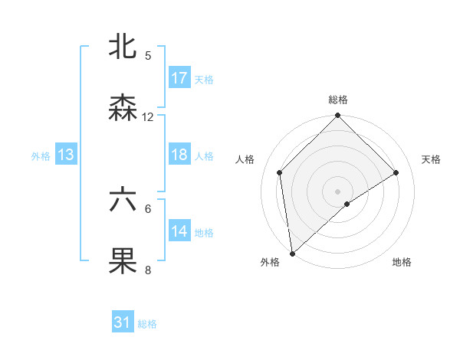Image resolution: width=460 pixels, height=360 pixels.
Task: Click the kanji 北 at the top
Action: coord(123,47)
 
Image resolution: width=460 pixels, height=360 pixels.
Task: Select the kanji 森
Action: coord(123,108)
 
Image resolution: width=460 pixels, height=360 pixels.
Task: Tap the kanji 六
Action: coord(123,200)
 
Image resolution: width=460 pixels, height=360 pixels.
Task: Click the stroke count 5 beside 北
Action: coord(148,56)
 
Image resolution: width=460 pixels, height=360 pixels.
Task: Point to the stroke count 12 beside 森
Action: coord(148,117)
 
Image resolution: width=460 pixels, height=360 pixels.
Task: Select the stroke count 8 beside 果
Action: coord(148,270)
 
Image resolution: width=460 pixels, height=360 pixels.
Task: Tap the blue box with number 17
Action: coord(179,78)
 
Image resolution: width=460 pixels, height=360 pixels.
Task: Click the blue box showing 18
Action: coord(179,155)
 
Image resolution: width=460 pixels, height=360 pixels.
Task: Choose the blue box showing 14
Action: coord(179,231)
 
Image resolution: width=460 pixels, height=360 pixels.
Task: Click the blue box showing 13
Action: coord(66,155)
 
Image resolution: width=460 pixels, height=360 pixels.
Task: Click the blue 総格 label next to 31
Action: coord(147,324)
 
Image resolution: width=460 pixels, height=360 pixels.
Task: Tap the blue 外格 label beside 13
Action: coord(41,155)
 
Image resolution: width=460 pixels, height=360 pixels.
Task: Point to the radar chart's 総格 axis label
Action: coord(338,100)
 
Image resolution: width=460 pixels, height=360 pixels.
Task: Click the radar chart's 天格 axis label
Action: coord(432,159)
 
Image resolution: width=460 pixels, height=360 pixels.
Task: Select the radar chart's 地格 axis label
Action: coord(402,263)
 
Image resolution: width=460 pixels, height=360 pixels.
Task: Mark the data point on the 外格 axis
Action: coord(292,254)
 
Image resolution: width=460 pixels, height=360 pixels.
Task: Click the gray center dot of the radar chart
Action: coord(338,191)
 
